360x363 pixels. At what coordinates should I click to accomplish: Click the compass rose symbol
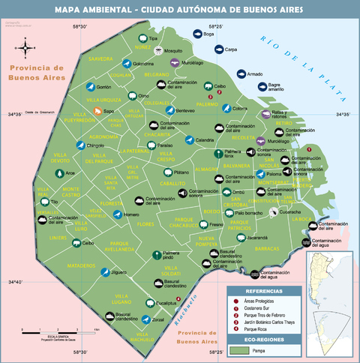(26, 49)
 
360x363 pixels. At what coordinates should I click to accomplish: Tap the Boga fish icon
(196, 34)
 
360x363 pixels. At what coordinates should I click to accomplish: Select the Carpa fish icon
(217, 49)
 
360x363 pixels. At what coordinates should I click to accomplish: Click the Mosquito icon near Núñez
(158, 50)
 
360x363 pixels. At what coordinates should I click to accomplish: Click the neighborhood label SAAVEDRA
(100, 58)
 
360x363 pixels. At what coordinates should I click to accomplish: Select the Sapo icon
(97, 112)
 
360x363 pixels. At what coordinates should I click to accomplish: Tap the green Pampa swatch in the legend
(239, 349)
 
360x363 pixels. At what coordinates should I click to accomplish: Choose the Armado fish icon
(240, 74)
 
